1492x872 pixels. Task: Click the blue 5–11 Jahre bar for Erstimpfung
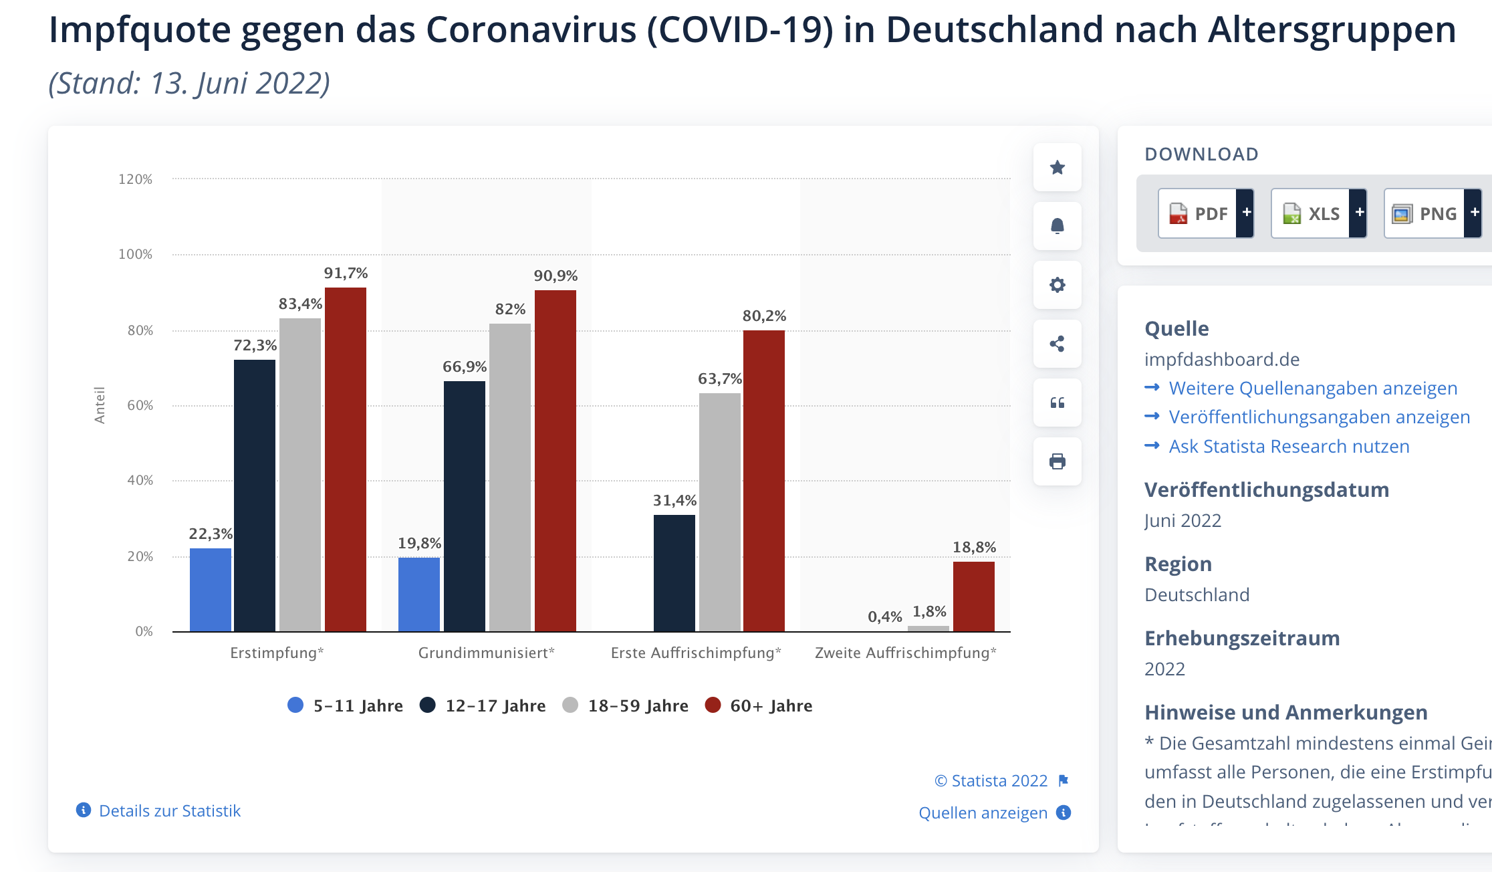(211, 590)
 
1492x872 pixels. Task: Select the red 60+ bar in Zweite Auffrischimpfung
(973, 596)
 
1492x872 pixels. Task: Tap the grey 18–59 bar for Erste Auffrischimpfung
(719, 512)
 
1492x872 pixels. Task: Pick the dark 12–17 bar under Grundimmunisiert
(464, 506)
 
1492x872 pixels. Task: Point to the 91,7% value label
(346, 274)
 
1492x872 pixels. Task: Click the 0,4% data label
(884, 617)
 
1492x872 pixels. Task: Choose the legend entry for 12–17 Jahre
(483, 705)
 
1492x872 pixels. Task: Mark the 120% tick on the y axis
(135, 179)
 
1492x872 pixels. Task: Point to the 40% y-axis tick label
(140, 480)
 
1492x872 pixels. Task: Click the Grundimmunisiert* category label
(486, 653)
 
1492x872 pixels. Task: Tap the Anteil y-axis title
(100, 405)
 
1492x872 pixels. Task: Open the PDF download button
(1205, 213)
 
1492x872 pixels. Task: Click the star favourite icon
(1057, 167)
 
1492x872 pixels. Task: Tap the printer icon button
(1057, 461)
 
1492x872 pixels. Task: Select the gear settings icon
(1057, 285)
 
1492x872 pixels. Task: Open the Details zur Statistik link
(169, 810)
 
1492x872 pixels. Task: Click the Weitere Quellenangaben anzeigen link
(1313, 388)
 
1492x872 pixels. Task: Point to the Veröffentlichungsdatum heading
(1267, 489)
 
